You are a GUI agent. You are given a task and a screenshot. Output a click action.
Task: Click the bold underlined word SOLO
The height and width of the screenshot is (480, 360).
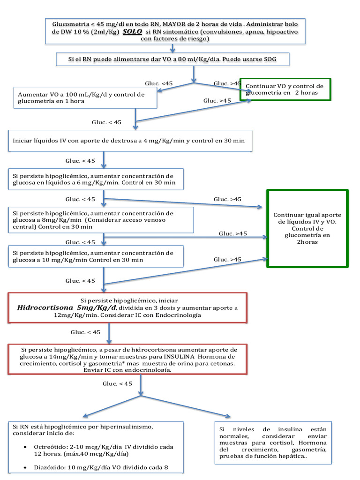133,31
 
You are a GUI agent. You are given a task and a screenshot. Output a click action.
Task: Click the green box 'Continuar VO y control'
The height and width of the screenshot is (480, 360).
285,89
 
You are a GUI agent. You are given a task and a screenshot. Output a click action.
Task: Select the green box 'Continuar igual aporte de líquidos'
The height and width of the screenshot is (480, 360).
307,228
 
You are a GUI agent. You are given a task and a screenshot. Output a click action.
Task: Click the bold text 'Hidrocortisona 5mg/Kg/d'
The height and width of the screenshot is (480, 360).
67,308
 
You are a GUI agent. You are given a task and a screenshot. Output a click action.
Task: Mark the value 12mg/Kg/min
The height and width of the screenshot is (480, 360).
75,315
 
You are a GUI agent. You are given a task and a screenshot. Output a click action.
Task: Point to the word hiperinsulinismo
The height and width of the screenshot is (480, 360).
123,427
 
